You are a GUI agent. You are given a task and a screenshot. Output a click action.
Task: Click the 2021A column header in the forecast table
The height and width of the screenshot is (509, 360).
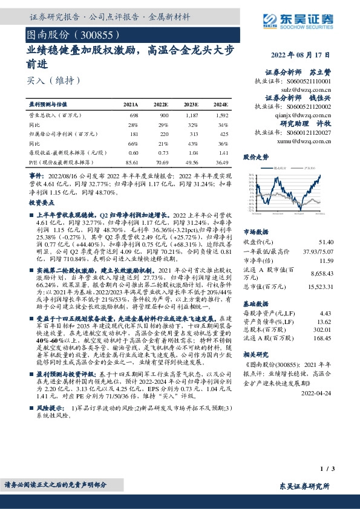[130, 105]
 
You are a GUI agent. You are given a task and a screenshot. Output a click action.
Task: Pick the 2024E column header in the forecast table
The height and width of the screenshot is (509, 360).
[220, 105]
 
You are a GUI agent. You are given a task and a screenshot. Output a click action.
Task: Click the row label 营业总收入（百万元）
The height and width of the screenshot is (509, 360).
[54, 114]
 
